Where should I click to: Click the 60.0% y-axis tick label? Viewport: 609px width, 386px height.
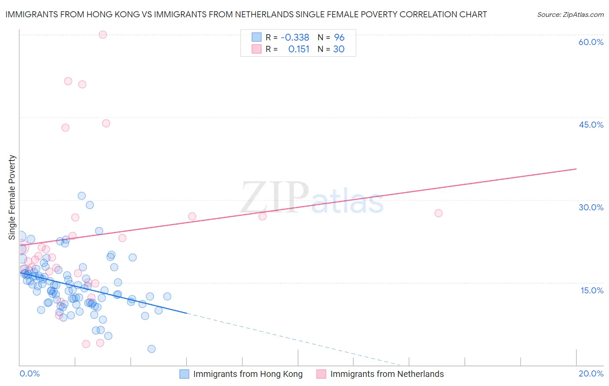591,42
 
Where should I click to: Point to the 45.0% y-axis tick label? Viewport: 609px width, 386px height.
591,125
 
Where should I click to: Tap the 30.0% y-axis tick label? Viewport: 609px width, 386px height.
591,207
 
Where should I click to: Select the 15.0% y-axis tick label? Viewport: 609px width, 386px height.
592,290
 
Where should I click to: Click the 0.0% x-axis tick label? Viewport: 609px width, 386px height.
29,373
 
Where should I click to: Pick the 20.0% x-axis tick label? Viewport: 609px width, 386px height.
591,373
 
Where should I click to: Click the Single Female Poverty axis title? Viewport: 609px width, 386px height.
12,197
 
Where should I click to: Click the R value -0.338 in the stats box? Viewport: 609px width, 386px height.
295,38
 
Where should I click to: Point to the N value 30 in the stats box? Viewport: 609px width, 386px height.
339,49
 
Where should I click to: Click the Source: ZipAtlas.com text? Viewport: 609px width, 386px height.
570,15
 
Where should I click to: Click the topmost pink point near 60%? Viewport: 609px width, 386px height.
103,35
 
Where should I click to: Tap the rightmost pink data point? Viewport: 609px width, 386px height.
438,213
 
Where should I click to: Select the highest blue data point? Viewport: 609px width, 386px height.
81,196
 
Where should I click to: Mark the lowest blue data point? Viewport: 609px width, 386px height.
152,349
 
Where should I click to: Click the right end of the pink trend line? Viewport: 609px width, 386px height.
576,169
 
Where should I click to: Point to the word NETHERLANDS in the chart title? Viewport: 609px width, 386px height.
264,15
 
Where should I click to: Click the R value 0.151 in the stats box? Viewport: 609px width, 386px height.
299,49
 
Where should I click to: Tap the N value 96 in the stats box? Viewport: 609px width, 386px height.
339,38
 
